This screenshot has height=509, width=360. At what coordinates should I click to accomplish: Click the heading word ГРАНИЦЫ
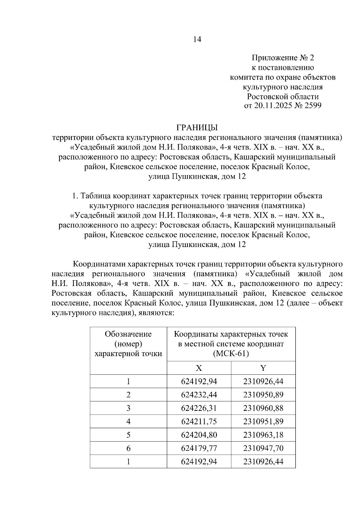pyautogui.click(x=197, y=128)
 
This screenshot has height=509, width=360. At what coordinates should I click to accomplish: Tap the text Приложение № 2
pyautogui.click(x=283, y=58)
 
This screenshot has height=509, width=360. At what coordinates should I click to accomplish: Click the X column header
pyautogui.click(x=199, y=368)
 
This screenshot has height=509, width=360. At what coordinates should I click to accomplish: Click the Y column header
pyautogui.click(x=263, y=368)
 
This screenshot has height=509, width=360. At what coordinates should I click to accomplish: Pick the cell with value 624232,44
pyautogui.click(x=199, y=395)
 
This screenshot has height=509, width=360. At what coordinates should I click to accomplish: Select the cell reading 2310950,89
pyautogui.click(x=263, y=395)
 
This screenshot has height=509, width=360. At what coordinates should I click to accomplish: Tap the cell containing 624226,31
pyautogui.click(x=199, y=408)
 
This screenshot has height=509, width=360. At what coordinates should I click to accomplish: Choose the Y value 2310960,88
pyautogui.click(x=263, y=408)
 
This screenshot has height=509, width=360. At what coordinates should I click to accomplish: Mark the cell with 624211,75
pyautogui.click(x=199, y=421)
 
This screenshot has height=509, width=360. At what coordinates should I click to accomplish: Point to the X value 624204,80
pyautogui.click(x=199, y=435)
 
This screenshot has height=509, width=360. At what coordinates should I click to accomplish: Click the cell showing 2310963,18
pyautogui.click(x=263, y=435)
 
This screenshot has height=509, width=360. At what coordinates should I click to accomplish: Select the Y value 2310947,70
pyautogui.click(x=263, y=448)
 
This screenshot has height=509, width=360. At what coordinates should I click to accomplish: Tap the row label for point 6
pyautogui.click(x=128, y=448)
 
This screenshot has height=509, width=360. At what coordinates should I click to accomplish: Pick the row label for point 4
pyautogui.click(x=128, y=421)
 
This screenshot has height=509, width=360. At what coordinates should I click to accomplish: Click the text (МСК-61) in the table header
pyautogui.click(x=231, y=354)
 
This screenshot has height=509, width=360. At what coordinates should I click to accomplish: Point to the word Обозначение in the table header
pyautogui.click(x=128, y=334)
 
